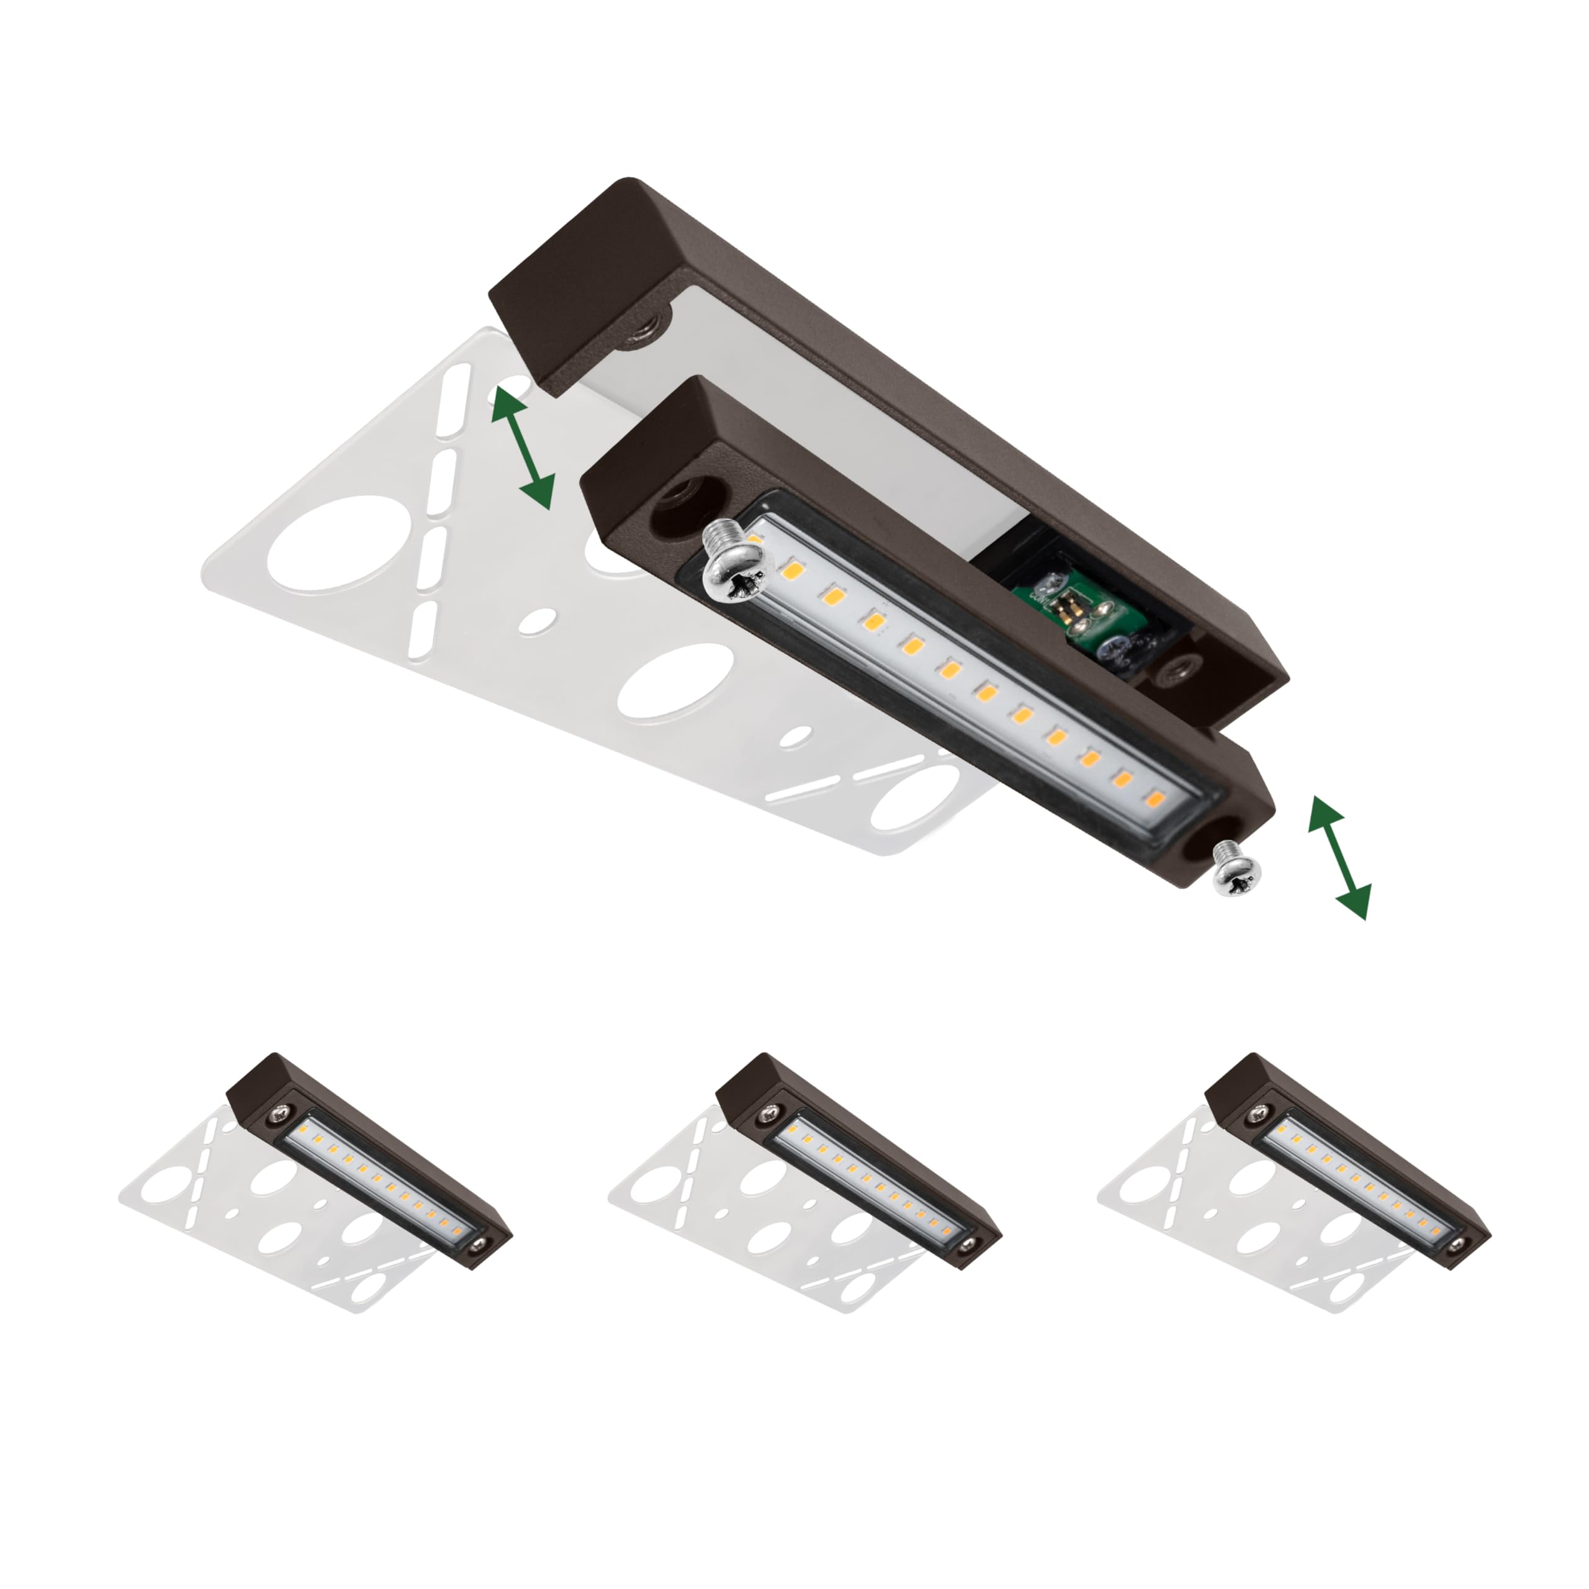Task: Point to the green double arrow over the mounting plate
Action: tap(522, 449)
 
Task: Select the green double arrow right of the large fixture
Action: tap(1339, 856)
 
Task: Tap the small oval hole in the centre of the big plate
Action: tap(541, 618)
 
